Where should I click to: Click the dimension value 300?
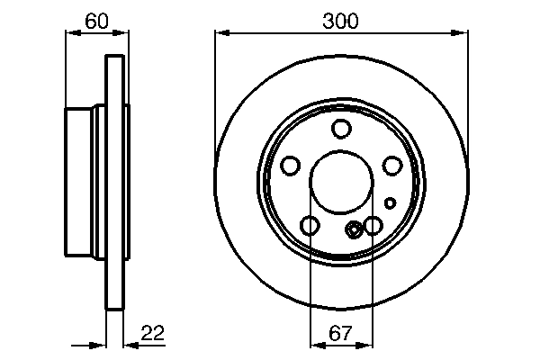click(x=340, y=21)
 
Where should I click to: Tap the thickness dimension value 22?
click(x=153, y=334)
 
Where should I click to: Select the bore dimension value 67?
click(x=340, y=334)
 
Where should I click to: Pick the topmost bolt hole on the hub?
click(x=340, y=129)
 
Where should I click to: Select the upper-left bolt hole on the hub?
click(x=291, y=166)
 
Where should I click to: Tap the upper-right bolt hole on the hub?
click(x=391, y=166)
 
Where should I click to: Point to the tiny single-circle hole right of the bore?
click(x=391, y=202)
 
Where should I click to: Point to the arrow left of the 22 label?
click(x=100, y=343)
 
